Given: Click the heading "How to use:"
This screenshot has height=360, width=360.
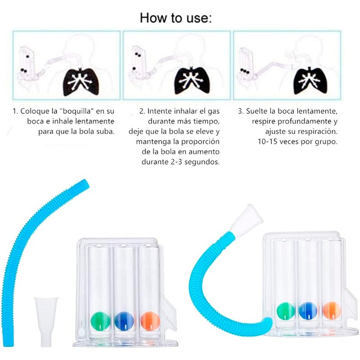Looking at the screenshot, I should tap(176, 18).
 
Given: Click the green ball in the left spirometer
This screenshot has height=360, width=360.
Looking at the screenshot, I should tap(100, 320).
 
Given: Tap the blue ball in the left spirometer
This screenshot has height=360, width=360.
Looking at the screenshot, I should tap(124, 320).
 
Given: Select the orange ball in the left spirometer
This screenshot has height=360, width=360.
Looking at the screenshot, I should tap(150, 320).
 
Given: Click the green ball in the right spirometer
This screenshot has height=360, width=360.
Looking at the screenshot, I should tap(285, 311).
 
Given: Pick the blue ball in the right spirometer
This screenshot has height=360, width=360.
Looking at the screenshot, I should tap(308, 311).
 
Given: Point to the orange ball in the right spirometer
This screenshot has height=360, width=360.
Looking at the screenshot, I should tap(332, 310).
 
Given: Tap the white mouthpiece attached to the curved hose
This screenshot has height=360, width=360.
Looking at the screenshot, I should tap(248, 217).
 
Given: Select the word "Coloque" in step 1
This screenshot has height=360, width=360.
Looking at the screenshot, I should tap(34, 111).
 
